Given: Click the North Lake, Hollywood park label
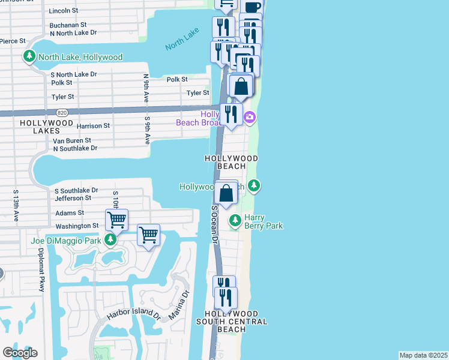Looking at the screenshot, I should (80, 57).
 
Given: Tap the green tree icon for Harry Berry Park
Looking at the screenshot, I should (235, 221).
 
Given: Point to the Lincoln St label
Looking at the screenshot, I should (63, 11).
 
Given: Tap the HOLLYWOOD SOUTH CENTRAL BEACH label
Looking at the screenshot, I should (231, 322).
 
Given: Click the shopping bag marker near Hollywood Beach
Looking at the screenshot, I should (226, 193).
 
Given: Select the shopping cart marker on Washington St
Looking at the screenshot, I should (116, 220).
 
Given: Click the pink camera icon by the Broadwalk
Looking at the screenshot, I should (249, 116).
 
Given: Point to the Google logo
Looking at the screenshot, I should (20, 352).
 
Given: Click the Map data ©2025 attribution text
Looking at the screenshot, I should (423, 355).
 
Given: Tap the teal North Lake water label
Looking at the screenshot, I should (182, 41).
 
